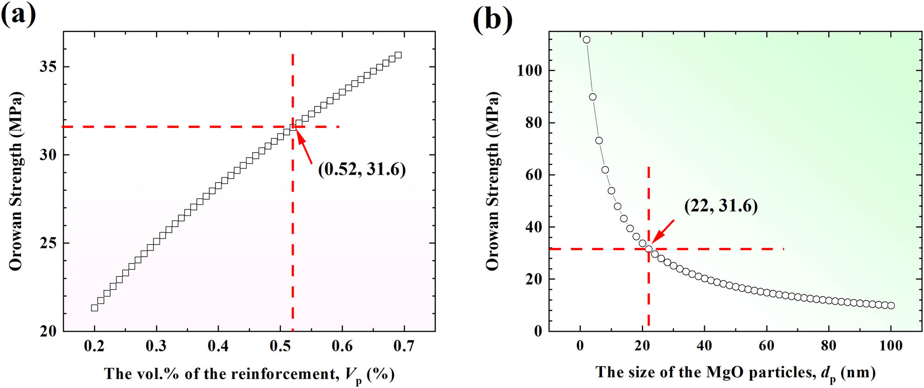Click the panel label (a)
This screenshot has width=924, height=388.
pyautogui.click(x=18, y=15)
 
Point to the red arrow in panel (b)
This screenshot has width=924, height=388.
pyautogui.click(x=663, y=231)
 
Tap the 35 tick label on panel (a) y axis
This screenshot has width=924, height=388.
pyautogui.click(x=48, y=67)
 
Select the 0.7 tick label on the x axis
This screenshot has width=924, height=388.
pyautogui.click(x=404, y=346)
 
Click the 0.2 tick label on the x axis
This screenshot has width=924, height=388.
pyautogui.click(x=94, y=346)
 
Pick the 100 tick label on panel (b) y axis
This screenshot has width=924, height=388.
pyautogui.click(x=529, y=71)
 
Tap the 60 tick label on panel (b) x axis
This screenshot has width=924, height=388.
pyautogui.click(x=766, y=346)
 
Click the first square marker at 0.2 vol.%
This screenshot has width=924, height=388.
pyautogui.click(x=95, y=308)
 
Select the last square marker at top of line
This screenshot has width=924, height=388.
pyautogui.click(x=398, y=55)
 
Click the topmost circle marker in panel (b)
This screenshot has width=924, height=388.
pyautogui.click(x=586, y=40)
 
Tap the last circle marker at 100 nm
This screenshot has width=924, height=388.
pyautogui.click(x=891, y=305)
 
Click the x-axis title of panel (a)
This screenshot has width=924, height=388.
pyautogui.click(x=249, y=374)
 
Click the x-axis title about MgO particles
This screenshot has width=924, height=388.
pyautogui.click(x=735, y=373)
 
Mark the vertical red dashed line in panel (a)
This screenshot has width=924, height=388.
pyautogui.click(x=293, y=231)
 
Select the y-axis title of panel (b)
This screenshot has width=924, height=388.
pyautogui.click(x=492, y=181)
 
